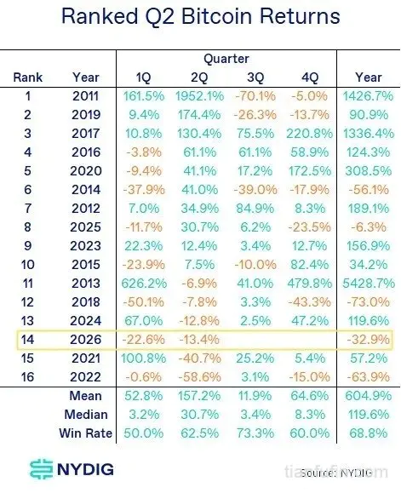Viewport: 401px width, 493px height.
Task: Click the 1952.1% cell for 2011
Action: pyautogui.click(x=199, y=96)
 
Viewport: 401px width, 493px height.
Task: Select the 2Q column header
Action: pyautogui.click(x=199, y=77)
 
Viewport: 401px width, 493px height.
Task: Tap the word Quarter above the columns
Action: pyautogui.click(x=226, y=59)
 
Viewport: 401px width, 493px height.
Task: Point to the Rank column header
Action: pyautogui.click(x=27, y=77)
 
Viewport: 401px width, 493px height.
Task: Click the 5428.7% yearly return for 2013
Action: pyautogui.click(x=369, y=284)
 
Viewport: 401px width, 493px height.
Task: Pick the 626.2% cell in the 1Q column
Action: pyautogui.click(x=144, y=284)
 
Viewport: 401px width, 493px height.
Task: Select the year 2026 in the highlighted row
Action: pyautogui.click(x=86, y=340)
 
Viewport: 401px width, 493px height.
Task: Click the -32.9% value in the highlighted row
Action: pyautogui.click(x=369, y=340)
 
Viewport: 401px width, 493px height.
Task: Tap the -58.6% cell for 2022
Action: pyautogui.click(x=199, y=377)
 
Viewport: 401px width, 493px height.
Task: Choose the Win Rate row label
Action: pyautogui.click(x=85, y=433)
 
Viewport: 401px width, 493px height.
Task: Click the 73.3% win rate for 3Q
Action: pyautogui.click(x=255, y=433)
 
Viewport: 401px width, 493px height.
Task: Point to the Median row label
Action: pyautogui.click(x=86, y=415)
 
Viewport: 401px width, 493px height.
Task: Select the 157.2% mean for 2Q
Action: pyautogui.click(x=199, y=396)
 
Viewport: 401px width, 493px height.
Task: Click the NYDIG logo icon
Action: pyautogui.click(x=41, y=469)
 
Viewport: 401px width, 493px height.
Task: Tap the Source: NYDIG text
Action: pyautogui.click(x=336, y=473)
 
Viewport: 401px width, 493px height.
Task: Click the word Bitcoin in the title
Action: pyautogui.click(x=216, y=16)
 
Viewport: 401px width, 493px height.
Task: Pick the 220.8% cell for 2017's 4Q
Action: pyautogui.click(x=310, y=134)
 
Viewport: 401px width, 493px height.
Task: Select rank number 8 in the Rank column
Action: pyautogui.click(x=27, y=227)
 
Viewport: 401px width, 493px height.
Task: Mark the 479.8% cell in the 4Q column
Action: pyautogui.click(x=310, y=284)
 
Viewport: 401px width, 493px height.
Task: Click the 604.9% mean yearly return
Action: pyautogui.click(x=369, y=396)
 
